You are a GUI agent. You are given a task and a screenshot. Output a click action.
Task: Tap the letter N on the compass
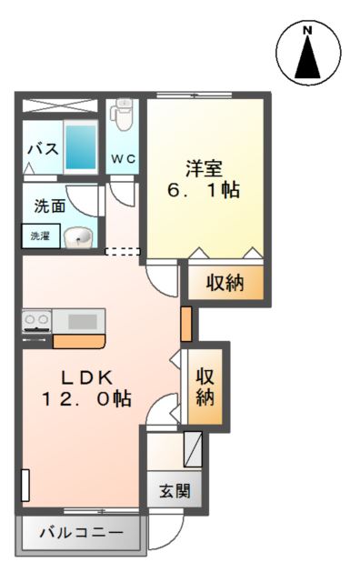coord(307,31)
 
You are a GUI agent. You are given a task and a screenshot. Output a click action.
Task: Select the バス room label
coord(42,148)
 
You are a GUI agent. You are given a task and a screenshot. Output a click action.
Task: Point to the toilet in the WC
coord(123,117)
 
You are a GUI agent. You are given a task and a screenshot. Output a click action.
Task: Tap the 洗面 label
coord(49,206)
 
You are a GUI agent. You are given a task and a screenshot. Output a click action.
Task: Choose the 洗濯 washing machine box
coord(41,236)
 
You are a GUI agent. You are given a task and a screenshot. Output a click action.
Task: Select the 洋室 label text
coord(205,168)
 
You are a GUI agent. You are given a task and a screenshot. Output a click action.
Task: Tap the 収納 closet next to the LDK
coord(206,386)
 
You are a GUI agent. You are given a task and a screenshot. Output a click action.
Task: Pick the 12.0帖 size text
coord(86,398)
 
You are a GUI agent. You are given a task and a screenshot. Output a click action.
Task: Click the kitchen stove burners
coord(37,320)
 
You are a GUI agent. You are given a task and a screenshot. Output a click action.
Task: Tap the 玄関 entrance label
coord(175,492)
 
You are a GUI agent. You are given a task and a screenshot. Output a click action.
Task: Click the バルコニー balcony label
coord(80,534)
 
